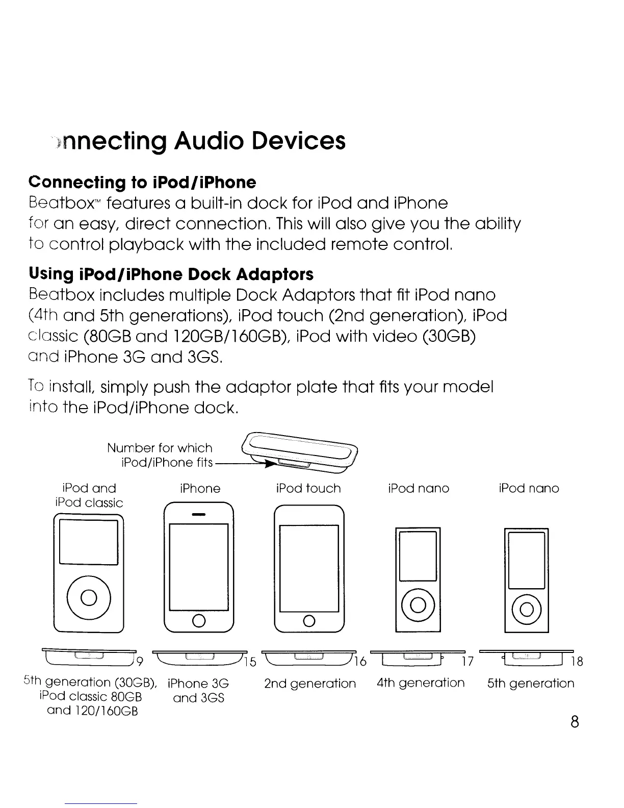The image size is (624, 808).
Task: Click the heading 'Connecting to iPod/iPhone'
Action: point(143,182)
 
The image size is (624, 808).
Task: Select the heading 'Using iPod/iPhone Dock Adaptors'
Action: point(171,274)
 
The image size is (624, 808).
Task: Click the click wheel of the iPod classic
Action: point(89,597)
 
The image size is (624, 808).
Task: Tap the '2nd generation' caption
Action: point(310,683)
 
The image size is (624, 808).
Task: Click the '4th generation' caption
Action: point(421,683)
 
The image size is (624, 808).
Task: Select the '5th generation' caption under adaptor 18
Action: point(530,683)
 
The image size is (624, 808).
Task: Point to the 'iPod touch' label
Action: point(308,488)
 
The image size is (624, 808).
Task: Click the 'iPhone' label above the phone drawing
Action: point(200,488)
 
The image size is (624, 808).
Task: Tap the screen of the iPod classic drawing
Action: point(89,542)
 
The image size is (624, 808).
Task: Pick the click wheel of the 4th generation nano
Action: point(418,605)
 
